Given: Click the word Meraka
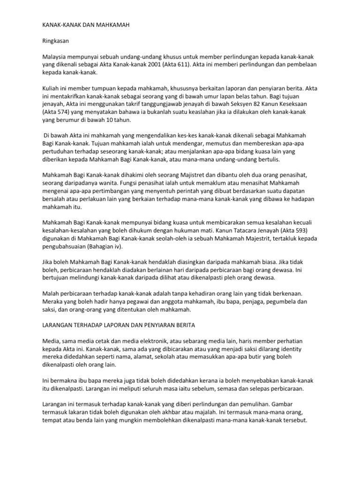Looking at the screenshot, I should click(53, 302).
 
